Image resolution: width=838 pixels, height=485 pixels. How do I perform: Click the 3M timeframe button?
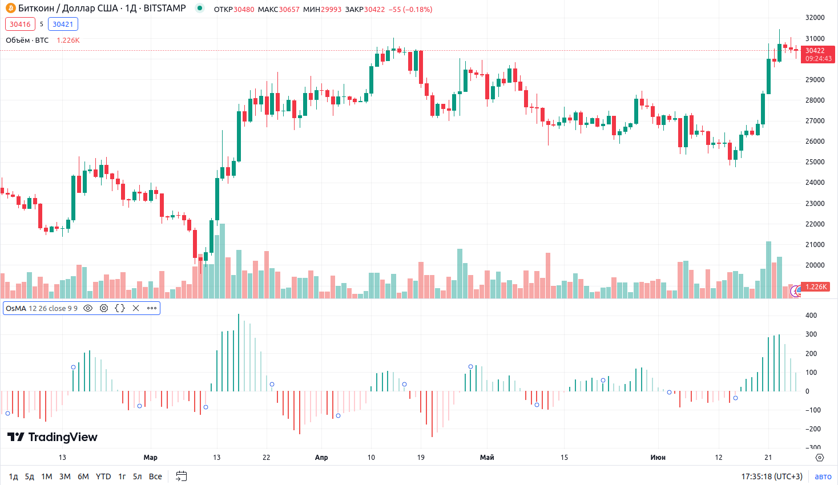pyautogui.click(x=65, y=476)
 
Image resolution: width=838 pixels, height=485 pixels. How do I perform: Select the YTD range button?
pyautogui.click(x=103, y=476)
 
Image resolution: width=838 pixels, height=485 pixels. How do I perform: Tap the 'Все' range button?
pyautogui.click(x=155, y=476)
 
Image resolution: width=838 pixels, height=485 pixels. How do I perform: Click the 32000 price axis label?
pyautogui.click(x=815, y=18)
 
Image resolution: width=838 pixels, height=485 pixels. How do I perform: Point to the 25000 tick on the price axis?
pyautogui.click(x=815, y=162)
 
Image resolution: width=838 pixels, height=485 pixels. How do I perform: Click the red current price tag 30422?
pyautogui.click(x=817, y=54)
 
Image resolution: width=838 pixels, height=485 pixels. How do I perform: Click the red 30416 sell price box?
pyautogui.click(x=20, y=24)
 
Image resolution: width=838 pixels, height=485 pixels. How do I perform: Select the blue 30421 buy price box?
pyautogui.click(x=63, y=24)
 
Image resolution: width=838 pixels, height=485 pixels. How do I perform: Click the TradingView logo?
pyautogui.click(x=53, y=437)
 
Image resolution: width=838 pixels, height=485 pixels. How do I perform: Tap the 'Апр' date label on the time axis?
pyautogui.click(x=321, y=458)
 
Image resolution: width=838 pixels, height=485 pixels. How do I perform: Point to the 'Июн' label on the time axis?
pyautogui.click(x=658, y=458)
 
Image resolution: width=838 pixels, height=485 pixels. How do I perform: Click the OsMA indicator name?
pyautogui.click(x=16, y=309)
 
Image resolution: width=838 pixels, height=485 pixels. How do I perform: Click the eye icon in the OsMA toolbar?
pyautogui.click(x=88, y=308)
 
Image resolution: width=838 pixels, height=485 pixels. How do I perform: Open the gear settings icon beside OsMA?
pyautogui.click(x=104, y=308)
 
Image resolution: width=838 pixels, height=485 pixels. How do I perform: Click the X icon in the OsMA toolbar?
pyautogui.click(x=136, y=308)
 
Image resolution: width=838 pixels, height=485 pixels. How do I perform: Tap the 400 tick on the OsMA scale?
pyautogui.click(x=811, y=316)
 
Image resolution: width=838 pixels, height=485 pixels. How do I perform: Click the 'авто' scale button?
pyautogui.click(x=823, y=476)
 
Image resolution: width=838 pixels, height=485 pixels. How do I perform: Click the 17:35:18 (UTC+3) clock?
pyautogui.click(x=772, y=476)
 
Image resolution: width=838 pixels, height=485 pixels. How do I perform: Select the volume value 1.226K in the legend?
pyautogui.click(x=68, y=41)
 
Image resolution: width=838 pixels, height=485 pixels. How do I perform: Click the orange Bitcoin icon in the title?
pyautogui.click(x=10, y=9)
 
